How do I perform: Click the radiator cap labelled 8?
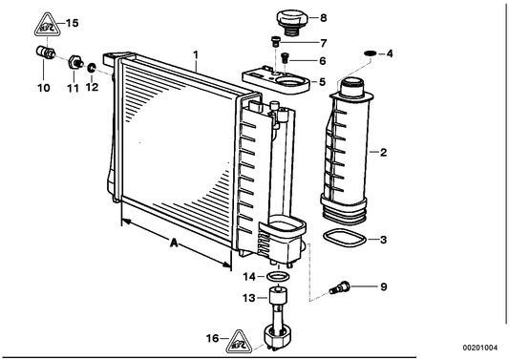pos(292,22)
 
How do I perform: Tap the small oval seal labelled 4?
pos(371,53)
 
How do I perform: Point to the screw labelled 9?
pos(340,287)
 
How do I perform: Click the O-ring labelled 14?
pos(278,277)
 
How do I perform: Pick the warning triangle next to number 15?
pos(48,24)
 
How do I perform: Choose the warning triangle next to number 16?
pos(240,342)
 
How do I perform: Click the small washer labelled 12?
pos(92,68)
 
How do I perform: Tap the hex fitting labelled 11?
pos(75,62)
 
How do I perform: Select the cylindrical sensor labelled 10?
pos(46,53)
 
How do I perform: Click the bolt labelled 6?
pos(285,58)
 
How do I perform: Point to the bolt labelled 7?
pos(275,41)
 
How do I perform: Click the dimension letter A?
pos(174,243)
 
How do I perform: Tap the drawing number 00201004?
pos(479,348)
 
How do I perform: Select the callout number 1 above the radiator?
pos(196,53)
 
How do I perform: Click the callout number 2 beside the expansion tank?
pos(383,152)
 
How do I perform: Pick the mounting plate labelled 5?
pos(277,80)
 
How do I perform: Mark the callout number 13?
pos(249,297)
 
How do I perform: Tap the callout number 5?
pos(322,82)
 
